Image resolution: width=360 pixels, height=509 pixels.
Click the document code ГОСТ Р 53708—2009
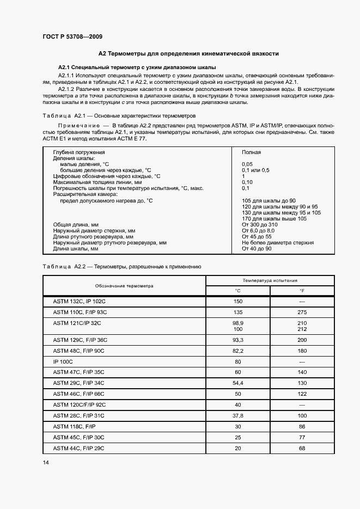point(72,37)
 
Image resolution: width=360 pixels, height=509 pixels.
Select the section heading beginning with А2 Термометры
point(188,54)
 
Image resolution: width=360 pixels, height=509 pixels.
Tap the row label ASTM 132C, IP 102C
point(80,301)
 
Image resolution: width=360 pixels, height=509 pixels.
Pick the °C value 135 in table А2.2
point(237,312)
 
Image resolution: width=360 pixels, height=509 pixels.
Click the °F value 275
point(302,312)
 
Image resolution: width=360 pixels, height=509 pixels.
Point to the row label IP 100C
point(63,361)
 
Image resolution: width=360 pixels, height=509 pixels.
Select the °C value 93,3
point(237,339)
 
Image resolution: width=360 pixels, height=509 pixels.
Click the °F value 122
point(302,393)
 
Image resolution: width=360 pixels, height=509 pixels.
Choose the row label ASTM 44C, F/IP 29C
point(78,447)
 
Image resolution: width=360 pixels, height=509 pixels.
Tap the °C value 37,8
point(237,415)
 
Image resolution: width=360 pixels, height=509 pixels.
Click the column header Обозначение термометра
point(124,285)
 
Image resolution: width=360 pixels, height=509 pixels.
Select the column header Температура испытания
point(270,280)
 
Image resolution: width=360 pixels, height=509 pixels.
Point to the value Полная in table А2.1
point(251,152)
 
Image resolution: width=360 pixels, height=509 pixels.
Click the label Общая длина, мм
point(76,224)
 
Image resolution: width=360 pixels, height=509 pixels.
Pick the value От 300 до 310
point(259,224)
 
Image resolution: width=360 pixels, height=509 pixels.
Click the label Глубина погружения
point(79,152)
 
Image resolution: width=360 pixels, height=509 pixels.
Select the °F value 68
point(302,447)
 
